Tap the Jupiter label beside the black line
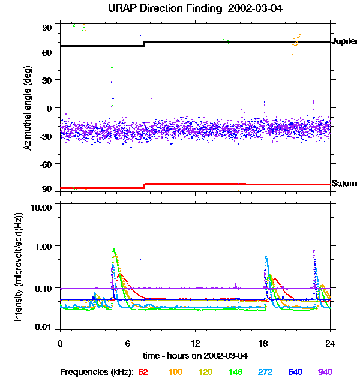344,42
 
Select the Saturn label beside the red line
344,184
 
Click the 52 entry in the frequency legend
143,372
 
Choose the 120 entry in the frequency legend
205,372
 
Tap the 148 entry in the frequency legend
235,372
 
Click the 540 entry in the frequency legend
295,372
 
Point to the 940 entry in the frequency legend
325,372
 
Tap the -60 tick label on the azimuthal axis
46,163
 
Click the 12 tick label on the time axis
195,343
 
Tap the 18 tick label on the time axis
263,343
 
